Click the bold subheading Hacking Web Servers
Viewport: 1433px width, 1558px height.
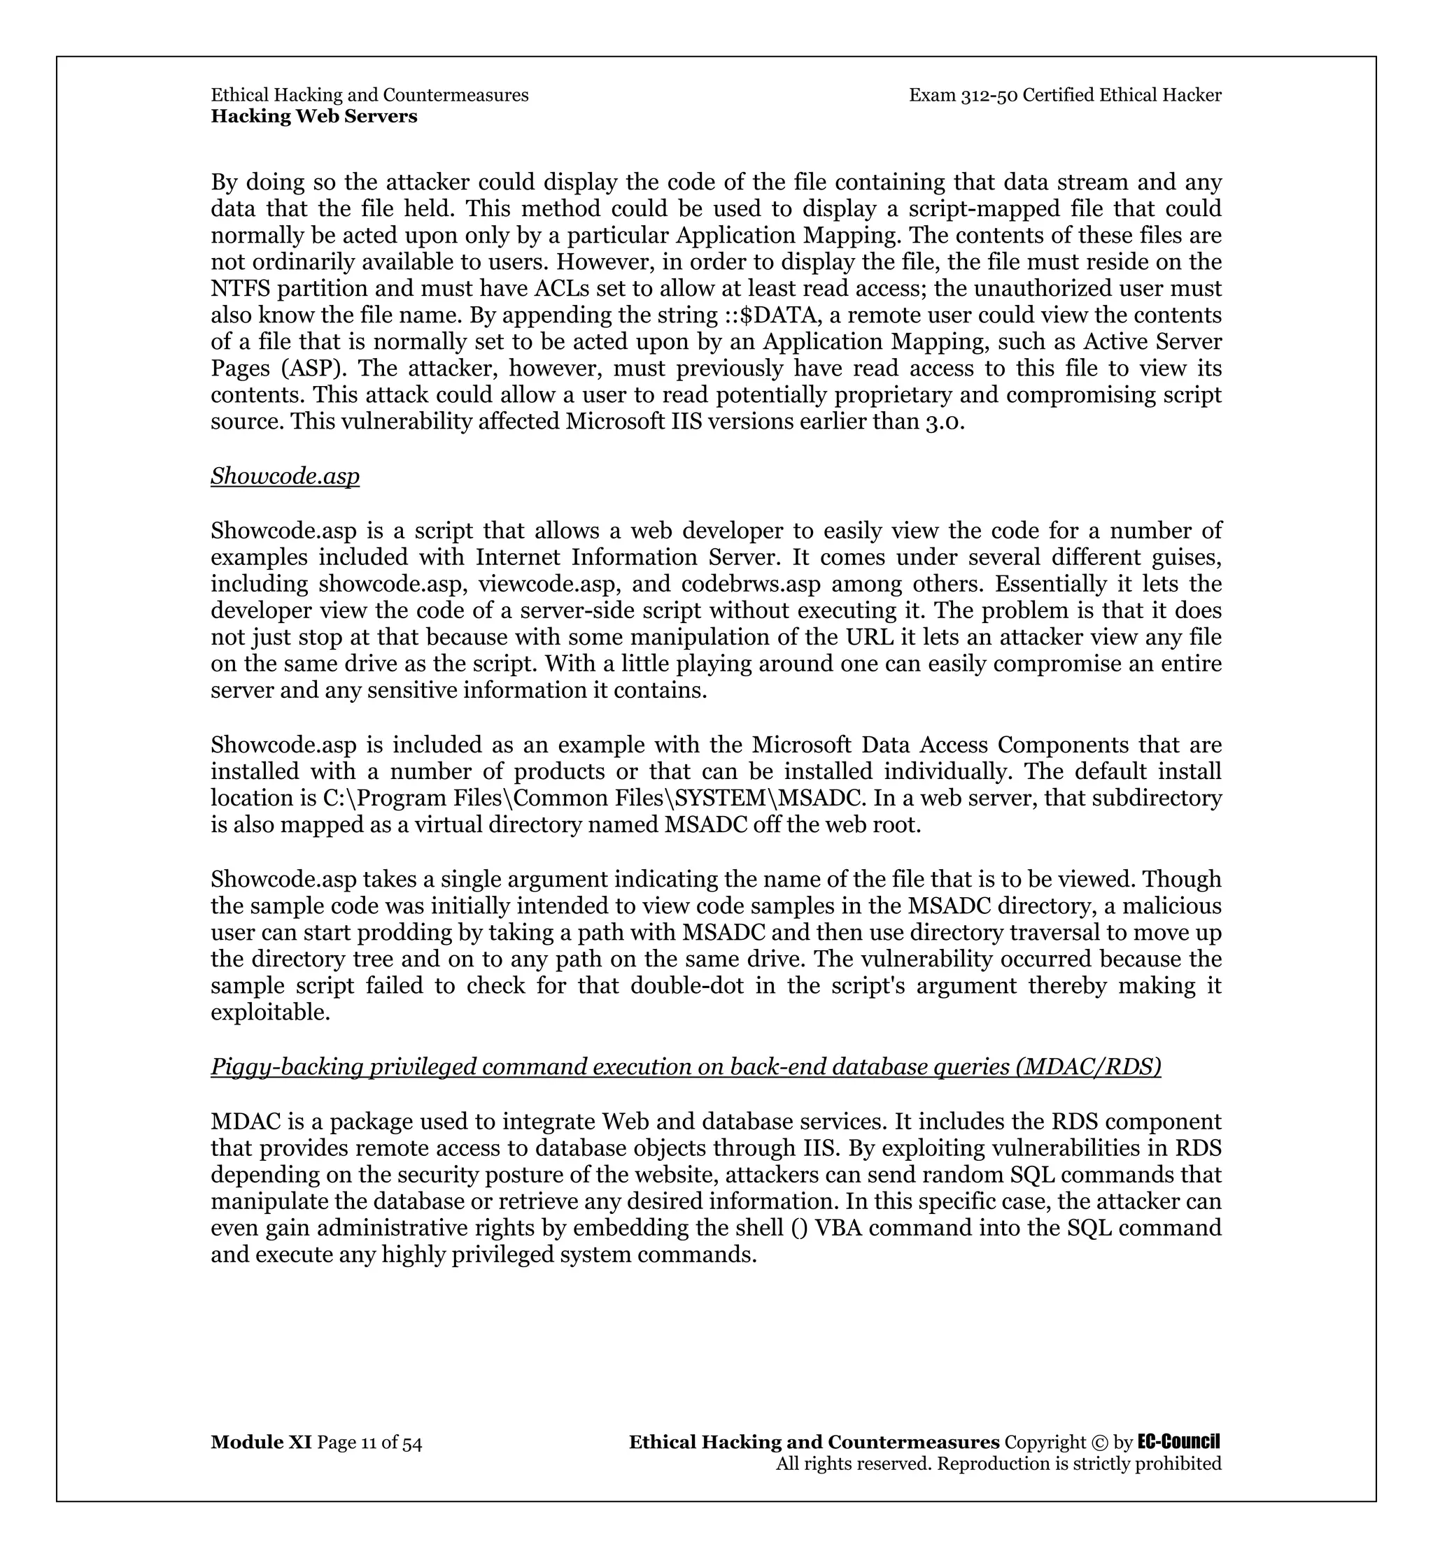[x=314, y=116]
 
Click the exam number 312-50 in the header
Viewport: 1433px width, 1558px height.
[x=989, y=95]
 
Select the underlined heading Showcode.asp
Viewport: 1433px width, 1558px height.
[x=285, y=476]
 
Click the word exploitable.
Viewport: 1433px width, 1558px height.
[x=270, y=1013]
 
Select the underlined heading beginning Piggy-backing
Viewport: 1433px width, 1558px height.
[x=686, y=1067]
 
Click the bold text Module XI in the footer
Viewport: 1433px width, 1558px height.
[x=260, y=1443]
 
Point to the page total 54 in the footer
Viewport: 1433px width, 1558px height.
[x=411, y=1443]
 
